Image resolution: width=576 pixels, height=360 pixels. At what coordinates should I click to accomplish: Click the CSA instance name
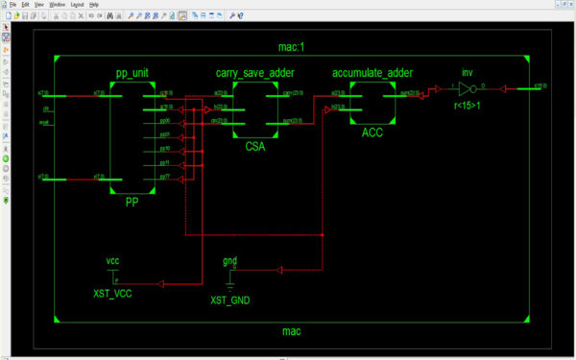coord(254,148)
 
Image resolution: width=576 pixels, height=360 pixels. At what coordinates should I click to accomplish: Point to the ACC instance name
coord(372,132)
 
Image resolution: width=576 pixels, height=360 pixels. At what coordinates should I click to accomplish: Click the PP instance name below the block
coord(132,204)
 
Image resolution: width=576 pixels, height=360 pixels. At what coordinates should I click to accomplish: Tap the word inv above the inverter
coord(468,72)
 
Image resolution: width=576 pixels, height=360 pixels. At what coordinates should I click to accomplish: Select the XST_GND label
coord(230,300)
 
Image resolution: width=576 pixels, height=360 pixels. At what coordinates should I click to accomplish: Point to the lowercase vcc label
coord(112,260)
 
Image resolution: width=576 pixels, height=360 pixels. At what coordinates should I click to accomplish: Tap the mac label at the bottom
coord(292,331)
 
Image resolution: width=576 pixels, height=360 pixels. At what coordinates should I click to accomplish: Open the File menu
coord(13,5)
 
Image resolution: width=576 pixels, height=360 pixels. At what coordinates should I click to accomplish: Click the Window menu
coord(57,5)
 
